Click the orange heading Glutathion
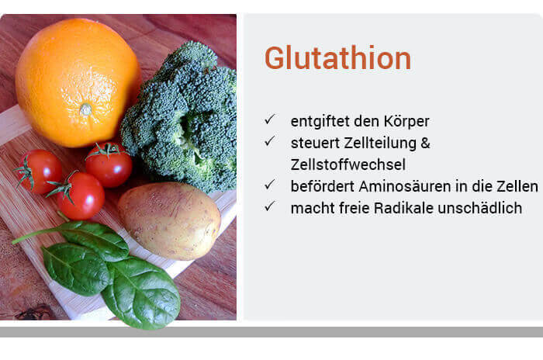(337, 58)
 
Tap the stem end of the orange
(85, 109)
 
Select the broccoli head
(179, 116)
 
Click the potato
(169, 220)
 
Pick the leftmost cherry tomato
(38, 171)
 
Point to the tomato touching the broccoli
(109, 165)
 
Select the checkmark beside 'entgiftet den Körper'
(270, 119)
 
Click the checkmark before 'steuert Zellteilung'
(270, 141)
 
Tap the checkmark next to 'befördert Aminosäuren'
(270, 185)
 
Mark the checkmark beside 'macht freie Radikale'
(270, 206)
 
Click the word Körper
(406, 122)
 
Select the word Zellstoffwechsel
(348, 164)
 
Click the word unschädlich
(480, 208)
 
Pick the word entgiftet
(320, 122)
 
